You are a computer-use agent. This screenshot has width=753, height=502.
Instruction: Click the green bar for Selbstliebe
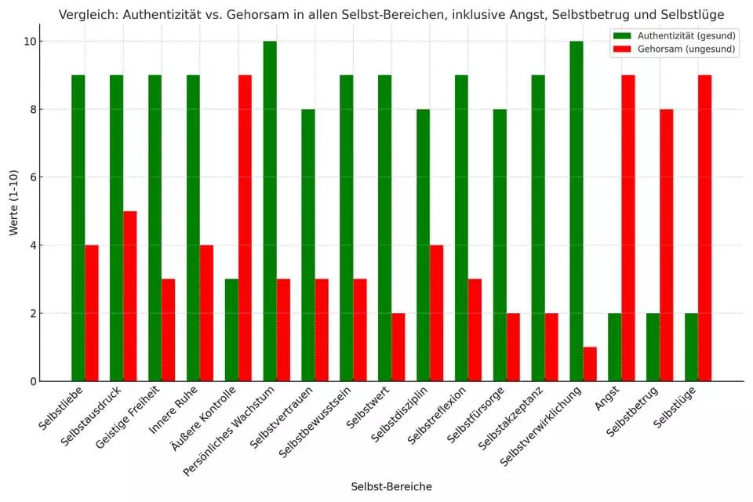pyautogui.click(x=78, y=227)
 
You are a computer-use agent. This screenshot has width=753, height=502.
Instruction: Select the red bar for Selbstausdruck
pyautogui.click(x=129, y=296)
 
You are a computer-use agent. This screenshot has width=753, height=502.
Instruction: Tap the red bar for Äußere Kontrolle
pyautogui.click(x=245, y=227)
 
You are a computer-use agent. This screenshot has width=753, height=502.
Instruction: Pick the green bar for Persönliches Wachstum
pyautogui.click(x=270, y=211)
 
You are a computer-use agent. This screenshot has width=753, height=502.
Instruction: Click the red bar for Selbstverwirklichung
pyautogui.click(x=590, y=364)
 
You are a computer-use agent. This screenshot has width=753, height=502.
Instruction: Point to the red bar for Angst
pyautogui.click(x=628, y=227)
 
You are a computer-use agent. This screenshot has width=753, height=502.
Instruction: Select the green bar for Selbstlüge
pyautogui.click(x=691, y=347)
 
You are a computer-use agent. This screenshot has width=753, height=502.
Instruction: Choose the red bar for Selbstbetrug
pyautogui.click(x=667, y=245)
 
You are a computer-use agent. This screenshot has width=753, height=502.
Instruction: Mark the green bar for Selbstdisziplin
pyautogui.click(x=423, y=245)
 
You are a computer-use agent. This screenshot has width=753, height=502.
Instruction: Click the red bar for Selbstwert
pyautogui.click(x=398, y=347)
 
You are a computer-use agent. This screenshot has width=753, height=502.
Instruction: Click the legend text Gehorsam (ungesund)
pyautogui.click(x=686, y=49)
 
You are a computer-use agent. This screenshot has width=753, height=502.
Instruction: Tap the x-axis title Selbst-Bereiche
pyautogui.click(x=391, y=486)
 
